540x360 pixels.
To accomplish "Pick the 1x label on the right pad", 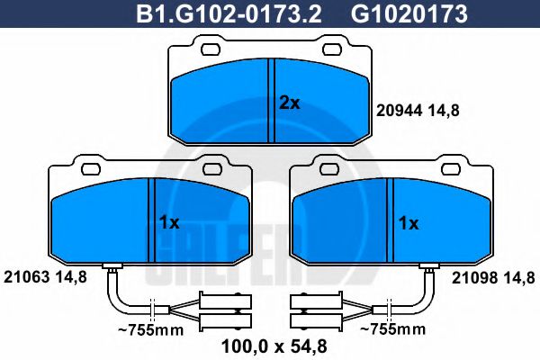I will pyautogui.click(x=408, y=223).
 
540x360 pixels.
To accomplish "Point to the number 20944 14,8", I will pyautogui.click(x=415, y=111).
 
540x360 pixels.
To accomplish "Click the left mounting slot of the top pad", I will pyautogui.click(x=211, y=50).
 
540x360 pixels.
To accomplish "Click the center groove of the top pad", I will pyautogui.click(x=271, y=99).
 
